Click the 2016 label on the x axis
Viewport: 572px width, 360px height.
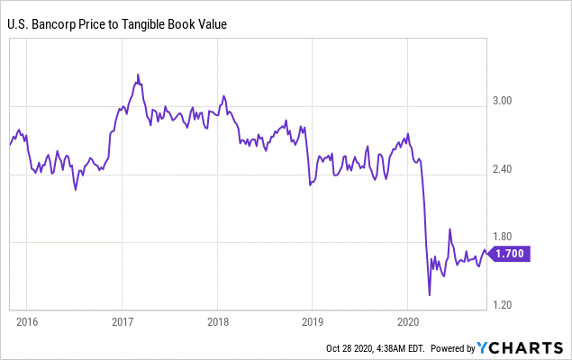tap(27, 320)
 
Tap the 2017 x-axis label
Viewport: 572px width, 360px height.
tap(123, 320)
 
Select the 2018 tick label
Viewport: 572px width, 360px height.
tap(218, 320)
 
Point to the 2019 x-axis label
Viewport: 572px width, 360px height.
tap(313, 320)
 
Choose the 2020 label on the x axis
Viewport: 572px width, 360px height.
tap(408, 320)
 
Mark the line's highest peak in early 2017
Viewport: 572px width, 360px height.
tap(137, 74)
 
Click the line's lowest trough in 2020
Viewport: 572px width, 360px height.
tap(430, 294)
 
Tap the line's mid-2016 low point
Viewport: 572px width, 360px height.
tap(76, 190)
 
